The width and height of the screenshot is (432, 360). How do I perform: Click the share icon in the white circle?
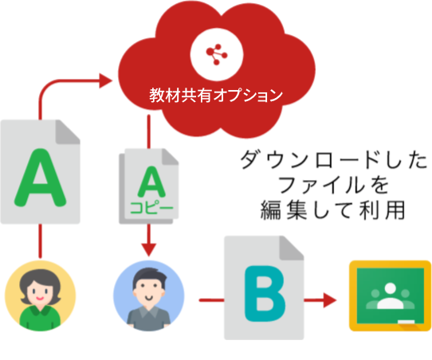[217, 54]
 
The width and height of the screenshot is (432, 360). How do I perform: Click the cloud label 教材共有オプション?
[216, 96]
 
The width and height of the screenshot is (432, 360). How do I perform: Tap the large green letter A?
[41, 178]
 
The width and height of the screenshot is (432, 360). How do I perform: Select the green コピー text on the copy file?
[151, 208]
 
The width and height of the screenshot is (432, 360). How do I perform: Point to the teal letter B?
[265, 293]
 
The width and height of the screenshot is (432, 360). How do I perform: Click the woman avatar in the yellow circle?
[40, 295]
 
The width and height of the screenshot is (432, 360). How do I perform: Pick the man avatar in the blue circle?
[148, 295]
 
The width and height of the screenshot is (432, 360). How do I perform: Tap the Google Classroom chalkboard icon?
[390, 295]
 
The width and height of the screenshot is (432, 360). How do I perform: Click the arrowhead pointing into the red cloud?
[106, 80]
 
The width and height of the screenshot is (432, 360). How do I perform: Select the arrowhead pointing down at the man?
[149, 250]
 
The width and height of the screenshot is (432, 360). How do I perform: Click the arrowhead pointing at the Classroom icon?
[330, 300]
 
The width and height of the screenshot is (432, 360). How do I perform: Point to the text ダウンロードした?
[334, 159]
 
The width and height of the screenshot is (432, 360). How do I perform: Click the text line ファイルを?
[334, 185]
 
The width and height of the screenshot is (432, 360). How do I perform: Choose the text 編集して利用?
[332, 210]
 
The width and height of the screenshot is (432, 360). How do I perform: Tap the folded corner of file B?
[292, 248]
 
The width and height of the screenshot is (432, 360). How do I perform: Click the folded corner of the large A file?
[68, 132]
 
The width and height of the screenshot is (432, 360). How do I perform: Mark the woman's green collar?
[40, 310]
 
